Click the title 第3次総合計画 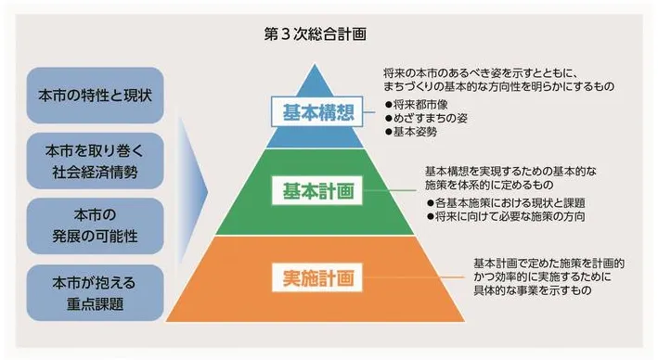(x=315, y=34)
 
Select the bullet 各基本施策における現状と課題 (x=497, y=200)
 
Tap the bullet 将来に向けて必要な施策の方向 (x=497, y=214)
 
